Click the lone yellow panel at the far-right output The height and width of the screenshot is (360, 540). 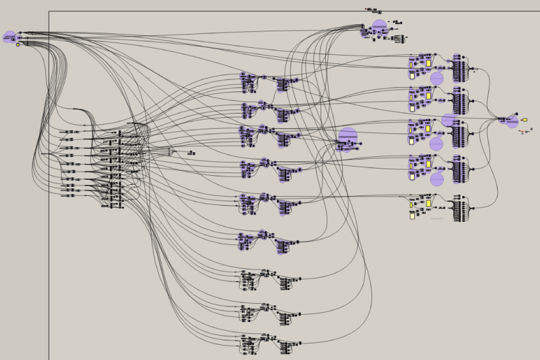click(524, 120)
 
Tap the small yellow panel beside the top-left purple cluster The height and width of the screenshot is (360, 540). click(18, 45)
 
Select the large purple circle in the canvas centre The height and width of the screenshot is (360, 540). click(348, 137)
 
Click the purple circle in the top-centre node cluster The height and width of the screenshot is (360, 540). click(379, 26)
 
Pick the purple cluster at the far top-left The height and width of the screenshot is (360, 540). click(9, 37)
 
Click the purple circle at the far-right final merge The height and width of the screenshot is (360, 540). click(511, 122)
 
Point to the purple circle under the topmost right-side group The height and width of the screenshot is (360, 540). click(437, 78)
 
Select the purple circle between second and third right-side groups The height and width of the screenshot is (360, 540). click(449, 120)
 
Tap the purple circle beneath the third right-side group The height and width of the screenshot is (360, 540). click(436, 144)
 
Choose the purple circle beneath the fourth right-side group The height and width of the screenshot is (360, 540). click(437, 179)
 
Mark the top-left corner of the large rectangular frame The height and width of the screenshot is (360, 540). click(49, 12)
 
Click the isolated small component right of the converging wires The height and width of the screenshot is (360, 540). click(191, 153)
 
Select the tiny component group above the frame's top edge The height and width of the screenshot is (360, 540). click(374, 10)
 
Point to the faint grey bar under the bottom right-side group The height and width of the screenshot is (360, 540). click(437, 218)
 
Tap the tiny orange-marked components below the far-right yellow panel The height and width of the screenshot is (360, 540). click(525, 131)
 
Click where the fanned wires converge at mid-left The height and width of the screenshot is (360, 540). click(172, 152)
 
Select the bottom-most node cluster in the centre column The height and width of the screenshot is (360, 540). click(269, 343)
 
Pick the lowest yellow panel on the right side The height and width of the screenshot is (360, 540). click(412, 216)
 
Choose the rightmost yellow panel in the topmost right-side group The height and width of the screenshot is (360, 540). click(429, 63)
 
